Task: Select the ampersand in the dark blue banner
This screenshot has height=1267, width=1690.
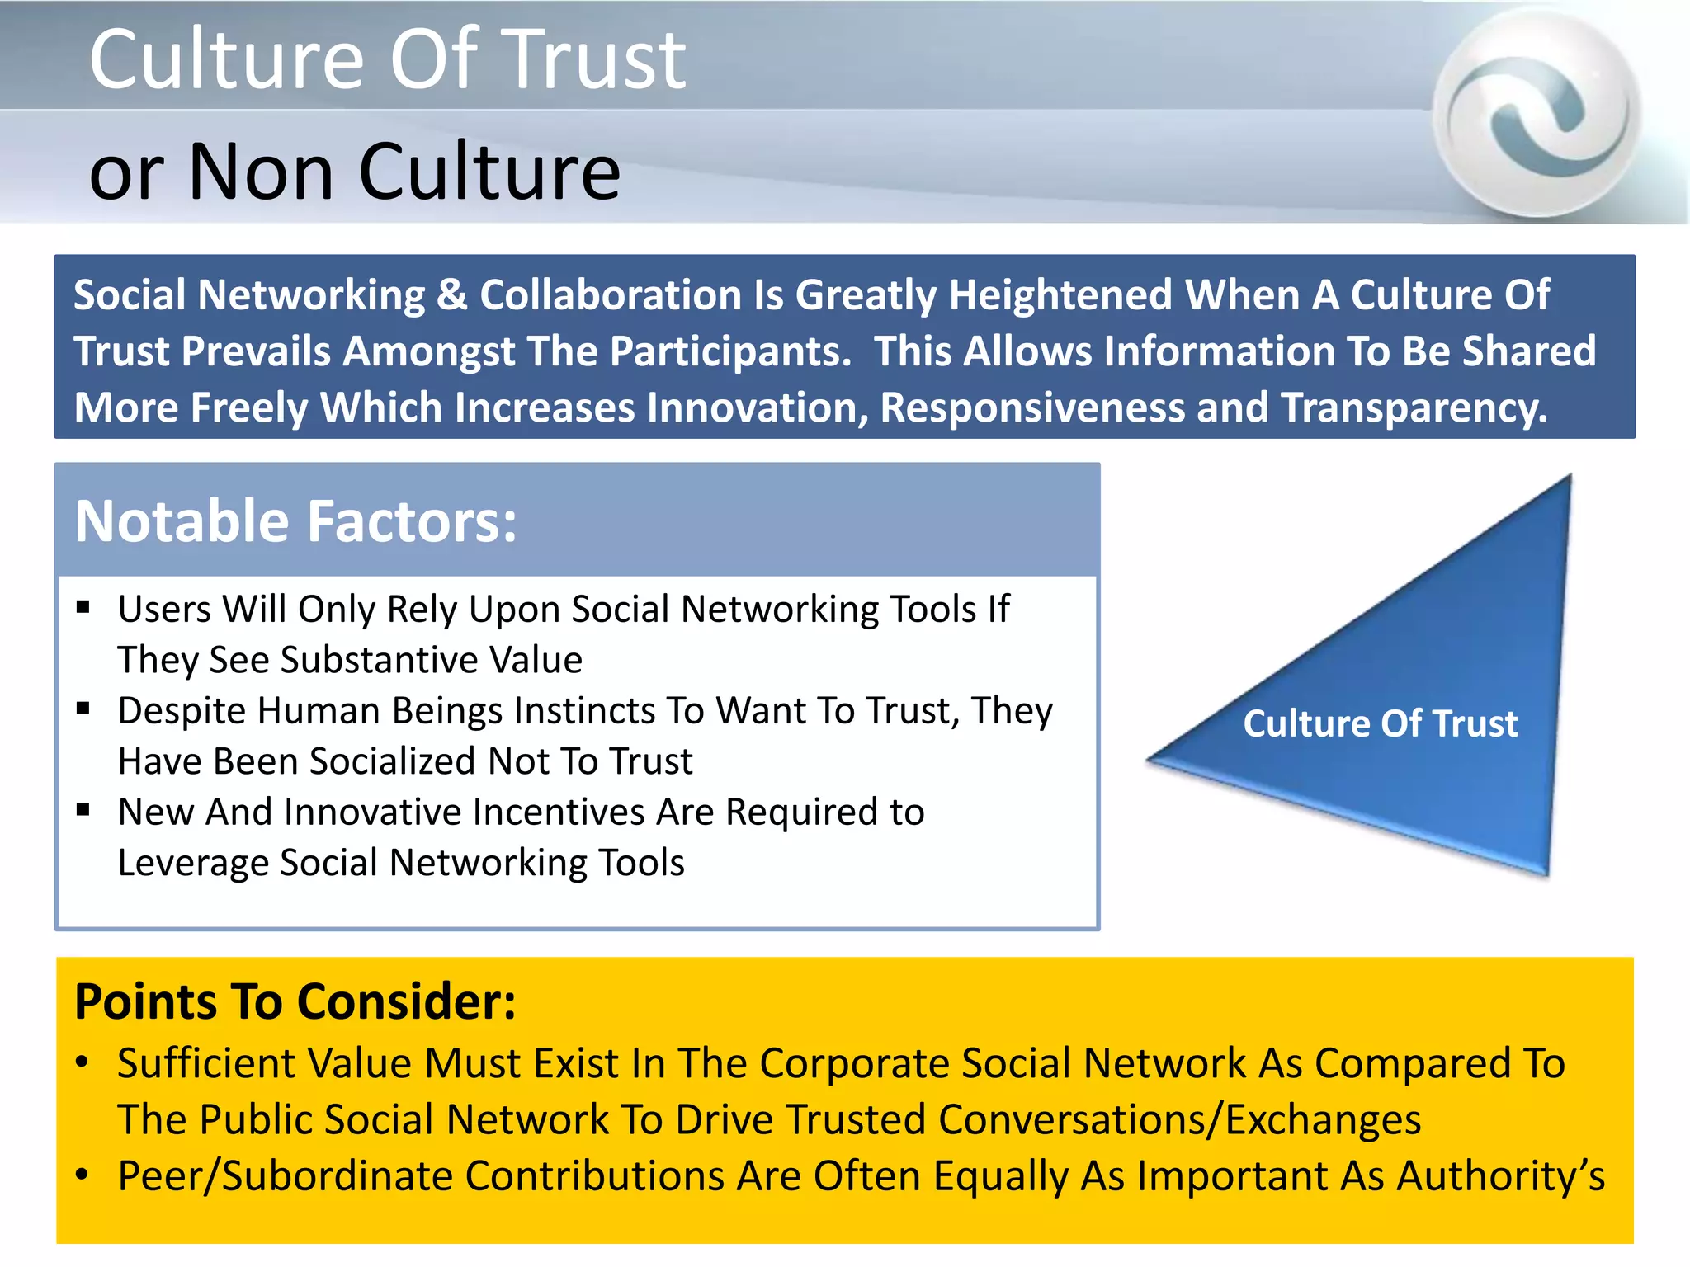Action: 451,295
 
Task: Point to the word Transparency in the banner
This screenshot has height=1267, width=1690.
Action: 1413,407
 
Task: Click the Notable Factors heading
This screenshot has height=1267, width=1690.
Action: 295,521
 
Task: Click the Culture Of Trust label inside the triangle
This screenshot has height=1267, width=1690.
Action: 1380,723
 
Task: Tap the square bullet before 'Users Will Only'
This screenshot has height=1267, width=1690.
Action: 83,608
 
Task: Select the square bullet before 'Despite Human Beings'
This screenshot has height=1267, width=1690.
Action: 83,709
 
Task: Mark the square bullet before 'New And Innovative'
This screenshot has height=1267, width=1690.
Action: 83,810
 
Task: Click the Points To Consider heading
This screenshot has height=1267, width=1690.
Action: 295,1001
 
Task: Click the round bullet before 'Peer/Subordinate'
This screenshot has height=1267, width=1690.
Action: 82,1175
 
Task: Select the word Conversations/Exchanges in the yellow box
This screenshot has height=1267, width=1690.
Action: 1179,1120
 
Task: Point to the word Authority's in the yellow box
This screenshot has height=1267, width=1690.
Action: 1500,1176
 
